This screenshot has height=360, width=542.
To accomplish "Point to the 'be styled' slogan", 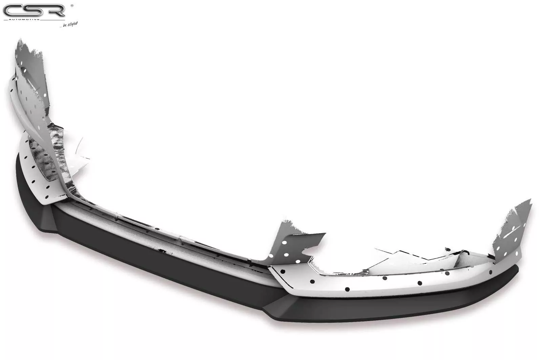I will click(70, 24).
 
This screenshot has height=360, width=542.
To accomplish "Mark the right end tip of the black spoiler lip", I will click(517, 268).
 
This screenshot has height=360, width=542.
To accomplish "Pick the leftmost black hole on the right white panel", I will click(283, 272).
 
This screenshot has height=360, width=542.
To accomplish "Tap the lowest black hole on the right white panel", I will click(347, 289).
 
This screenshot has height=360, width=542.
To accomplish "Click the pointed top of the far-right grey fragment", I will click(529, 200).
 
